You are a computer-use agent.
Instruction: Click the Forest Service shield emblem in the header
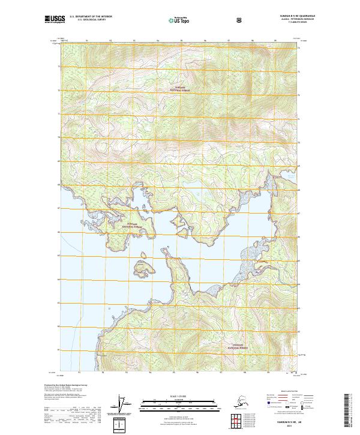click(x=239, y=20)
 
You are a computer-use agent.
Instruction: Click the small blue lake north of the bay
click(x=196, y=180)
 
